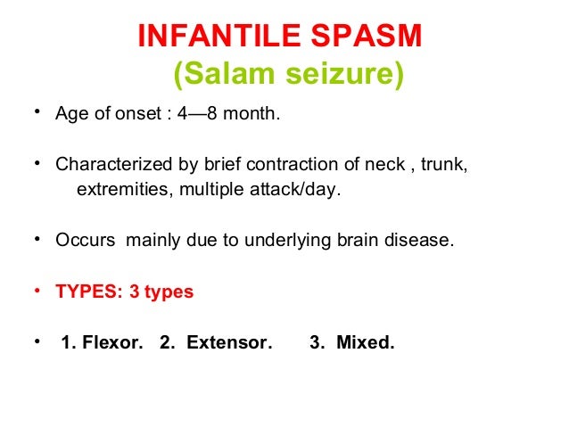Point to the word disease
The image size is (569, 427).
[424, 241]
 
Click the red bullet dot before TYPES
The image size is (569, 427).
[37, 291]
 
